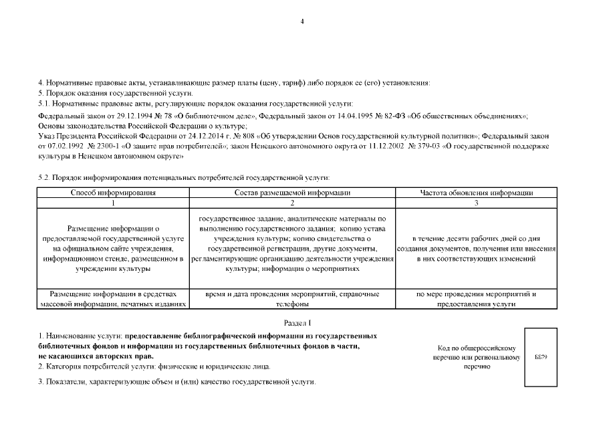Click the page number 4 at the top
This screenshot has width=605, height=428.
[302, 22]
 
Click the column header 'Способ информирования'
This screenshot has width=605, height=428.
[114, 193]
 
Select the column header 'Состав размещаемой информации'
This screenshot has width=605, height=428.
[292, 193]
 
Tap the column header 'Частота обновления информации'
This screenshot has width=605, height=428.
[476, 193]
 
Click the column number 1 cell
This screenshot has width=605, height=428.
[114, 203]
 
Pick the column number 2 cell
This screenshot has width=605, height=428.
[292, 203]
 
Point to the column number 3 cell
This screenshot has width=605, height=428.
[476, 203]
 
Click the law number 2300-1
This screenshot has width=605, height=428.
[106, 145]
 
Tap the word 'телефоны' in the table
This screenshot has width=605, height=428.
[292, 304]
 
